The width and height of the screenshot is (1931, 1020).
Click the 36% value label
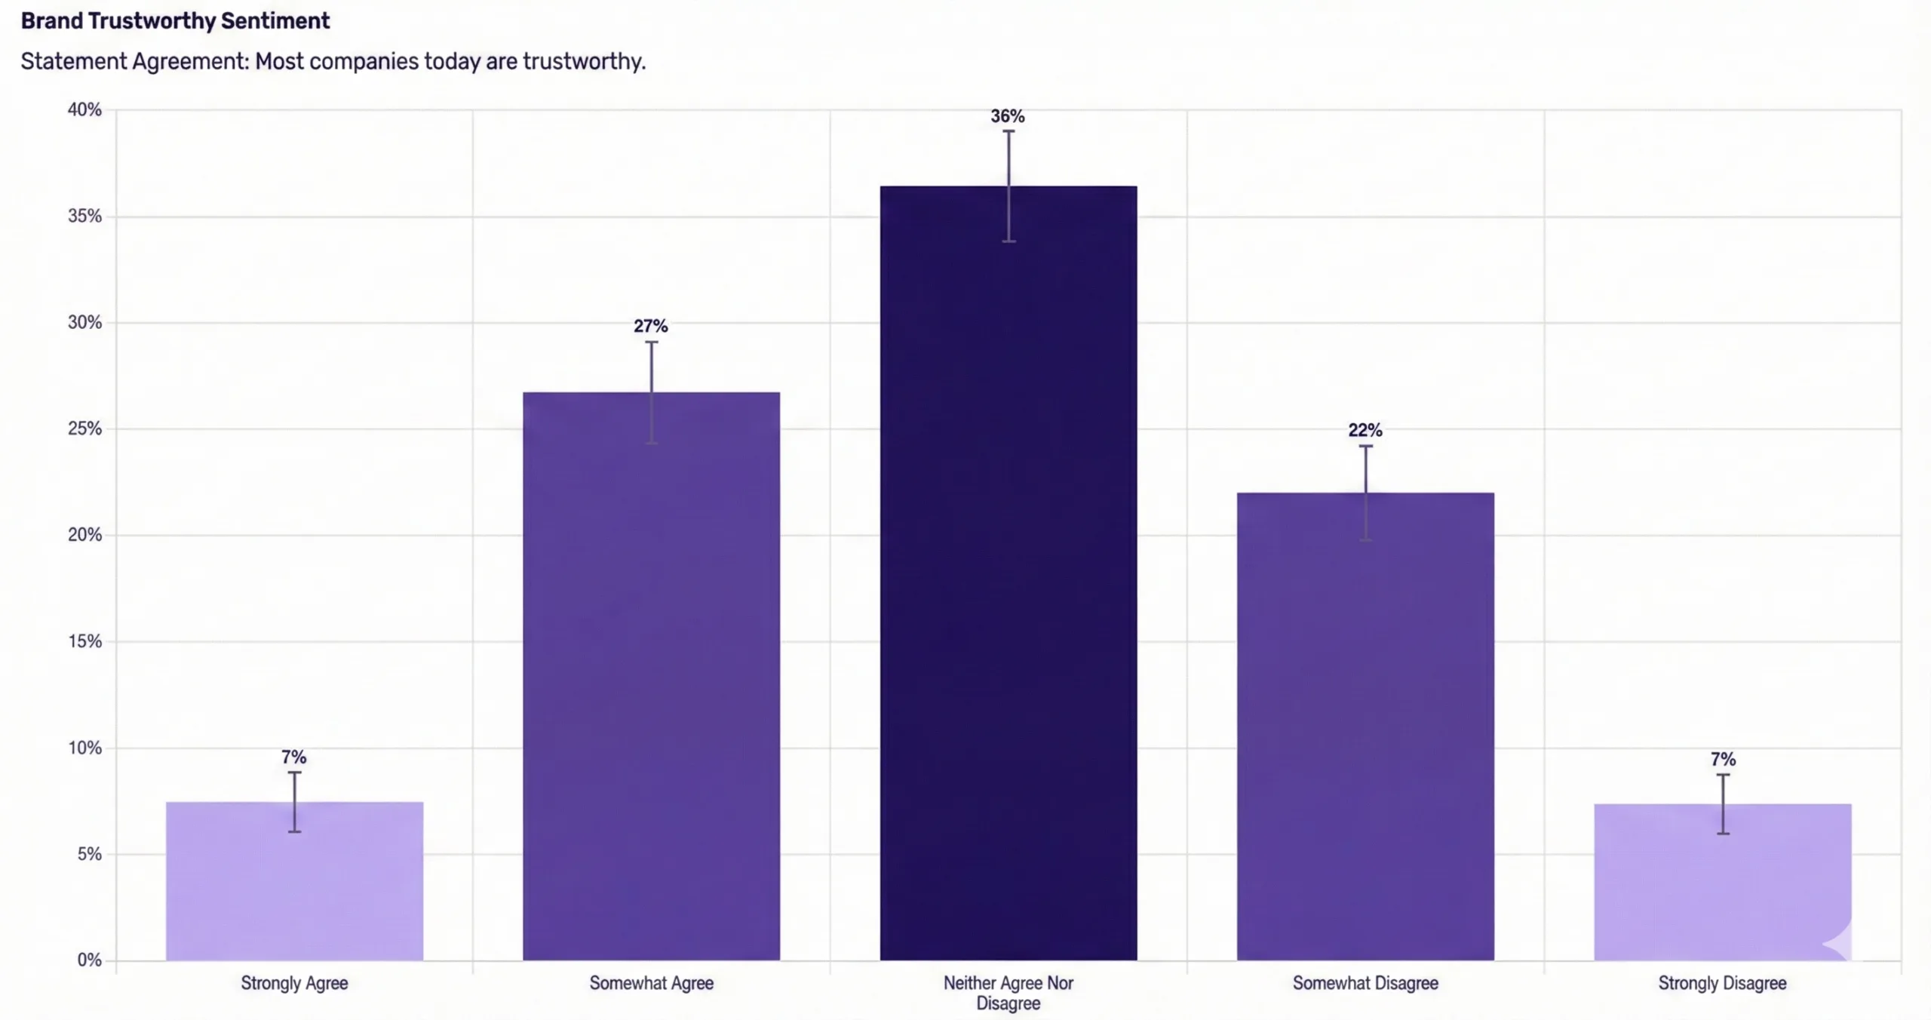coord(1008,116)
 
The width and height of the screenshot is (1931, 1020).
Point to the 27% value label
coord(650,326)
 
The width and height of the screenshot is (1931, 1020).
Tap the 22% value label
coord(1365,430)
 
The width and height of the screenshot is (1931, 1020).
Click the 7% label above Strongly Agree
coord(293,757)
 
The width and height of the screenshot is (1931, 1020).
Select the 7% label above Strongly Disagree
coord(1723,759)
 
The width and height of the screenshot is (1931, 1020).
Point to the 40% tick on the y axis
coord(84,110)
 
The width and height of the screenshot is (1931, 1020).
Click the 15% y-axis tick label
coord(84,642)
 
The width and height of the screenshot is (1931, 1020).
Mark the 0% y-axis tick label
coord(89,960)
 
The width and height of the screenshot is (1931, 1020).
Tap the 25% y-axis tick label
coord(84,429)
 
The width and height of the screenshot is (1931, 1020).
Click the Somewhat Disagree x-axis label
coord(1365,983)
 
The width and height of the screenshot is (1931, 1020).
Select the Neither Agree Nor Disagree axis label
coord(1008,993)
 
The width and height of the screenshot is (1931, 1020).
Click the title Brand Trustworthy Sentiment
coord(175,21)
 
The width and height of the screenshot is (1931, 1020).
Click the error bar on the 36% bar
coord(1008,186)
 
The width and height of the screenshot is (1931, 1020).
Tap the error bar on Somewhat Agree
coord(652,392)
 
